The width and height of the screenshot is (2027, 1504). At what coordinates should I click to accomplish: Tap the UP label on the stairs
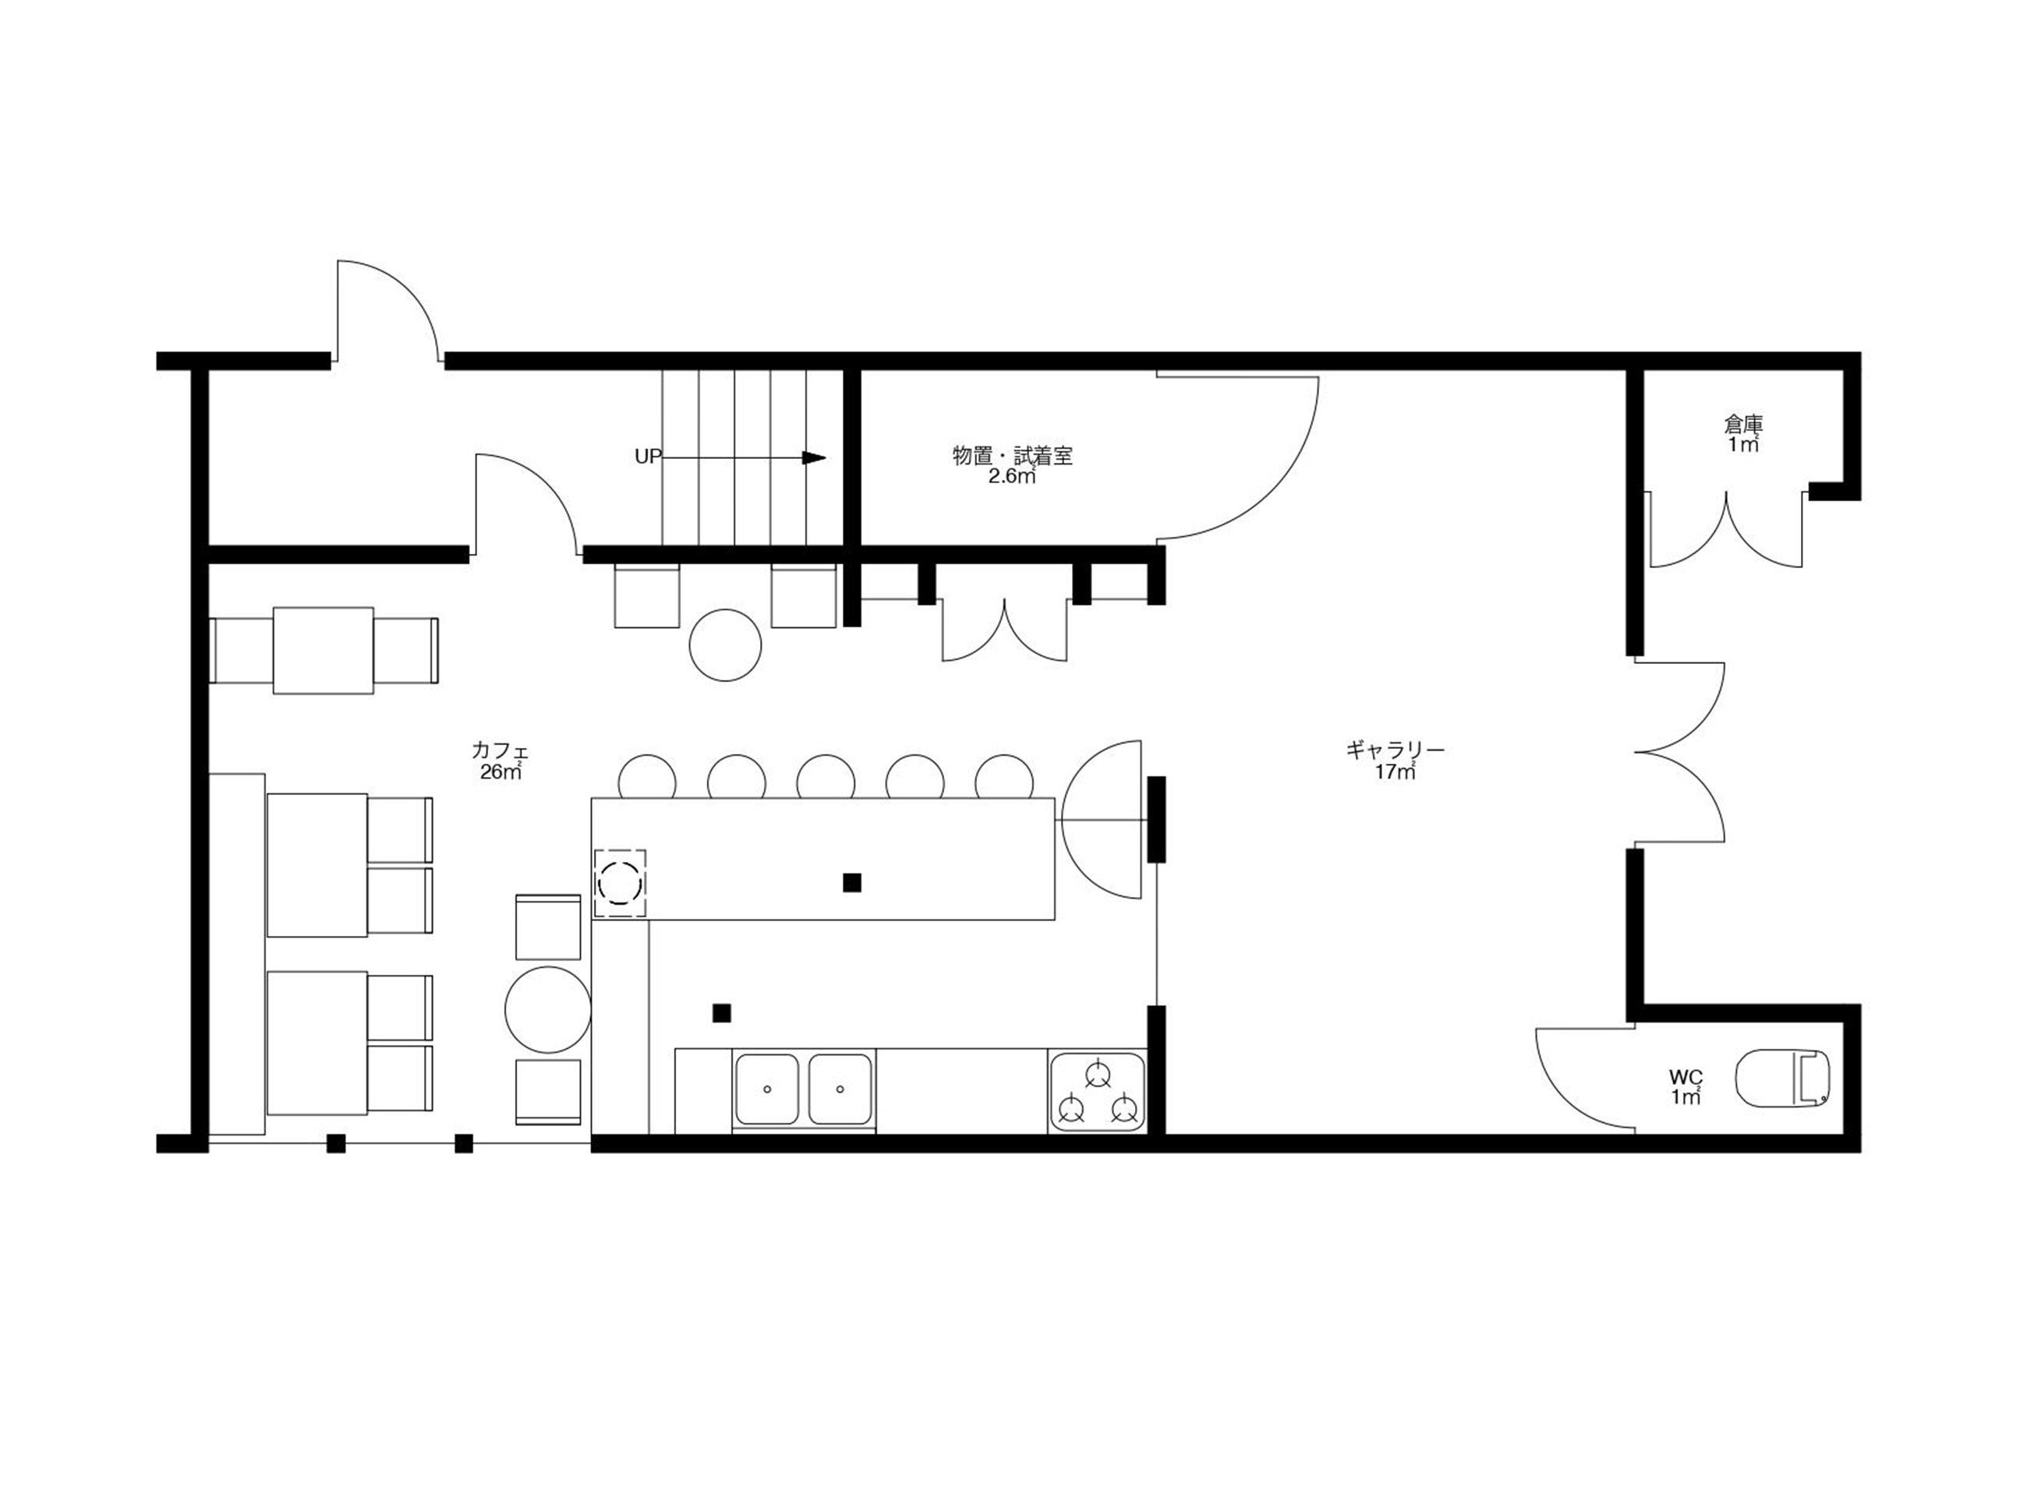point(647,457)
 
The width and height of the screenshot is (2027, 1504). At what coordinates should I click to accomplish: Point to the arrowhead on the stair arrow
point(813,457)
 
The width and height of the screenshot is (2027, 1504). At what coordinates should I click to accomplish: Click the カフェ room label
point(500,751)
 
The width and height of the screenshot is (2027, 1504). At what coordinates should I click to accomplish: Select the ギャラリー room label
point(1396,750)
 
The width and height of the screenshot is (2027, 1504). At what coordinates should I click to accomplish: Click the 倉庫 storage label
point(1744,423)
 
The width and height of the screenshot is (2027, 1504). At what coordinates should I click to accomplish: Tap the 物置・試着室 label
point(1013,455)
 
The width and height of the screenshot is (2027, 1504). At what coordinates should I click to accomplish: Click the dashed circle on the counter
point(620,882)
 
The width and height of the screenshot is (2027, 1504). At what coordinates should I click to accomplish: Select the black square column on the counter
point(852,882)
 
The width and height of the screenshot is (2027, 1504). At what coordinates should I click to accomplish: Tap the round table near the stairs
point(725,644)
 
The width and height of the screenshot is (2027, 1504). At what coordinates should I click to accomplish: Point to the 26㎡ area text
point(500,772)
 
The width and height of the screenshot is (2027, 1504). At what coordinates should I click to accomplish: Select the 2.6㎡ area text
point(1013,476)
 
